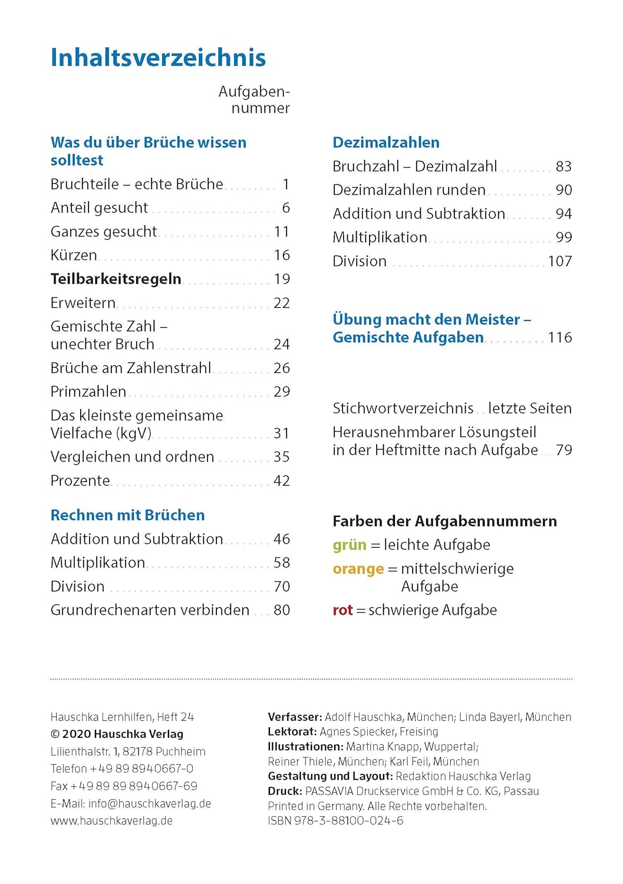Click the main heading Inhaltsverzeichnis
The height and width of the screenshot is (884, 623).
click(158, 58)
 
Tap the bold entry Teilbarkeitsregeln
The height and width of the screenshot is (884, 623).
click(116, 279)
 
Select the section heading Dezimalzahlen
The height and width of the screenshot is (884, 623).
click(385, 143)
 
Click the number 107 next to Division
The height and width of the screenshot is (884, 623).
click(559, 261)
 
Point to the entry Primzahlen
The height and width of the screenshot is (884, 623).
click(88, 391)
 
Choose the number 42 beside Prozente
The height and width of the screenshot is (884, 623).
click(281, 481)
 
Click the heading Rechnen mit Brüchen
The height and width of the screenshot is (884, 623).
click(127, 515)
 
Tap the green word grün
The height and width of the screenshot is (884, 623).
click(349, 545)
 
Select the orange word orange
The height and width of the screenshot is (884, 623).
click(358, 569)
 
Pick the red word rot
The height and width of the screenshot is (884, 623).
click(342, 611)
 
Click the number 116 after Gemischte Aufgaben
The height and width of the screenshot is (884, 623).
click(559, 338)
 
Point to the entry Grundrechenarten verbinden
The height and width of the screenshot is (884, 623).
click(150, 610)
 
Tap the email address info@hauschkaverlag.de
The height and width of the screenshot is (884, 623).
click(150, 804)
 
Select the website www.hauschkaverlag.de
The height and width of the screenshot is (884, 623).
click(111, 821)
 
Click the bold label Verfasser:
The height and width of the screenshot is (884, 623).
click(295, 717)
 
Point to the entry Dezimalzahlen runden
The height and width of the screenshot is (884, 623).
click(409, 190)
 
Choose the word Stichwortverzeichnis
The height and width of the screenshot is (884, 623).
click(403, 408)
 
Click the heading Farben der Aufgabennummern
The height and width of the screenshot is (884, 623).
click(444, 522)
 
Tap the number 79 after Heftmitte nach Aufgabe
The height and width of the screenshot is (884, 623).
click(563, 450)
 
